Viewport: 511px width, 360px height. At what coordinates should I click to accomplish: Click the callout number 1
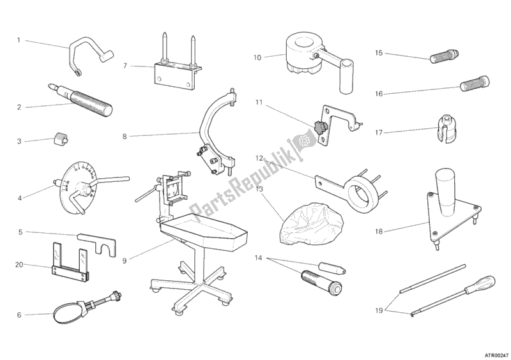coord(19,40)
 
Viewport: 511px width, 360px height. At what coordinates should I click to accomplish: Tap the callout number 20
coord(19,264)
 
